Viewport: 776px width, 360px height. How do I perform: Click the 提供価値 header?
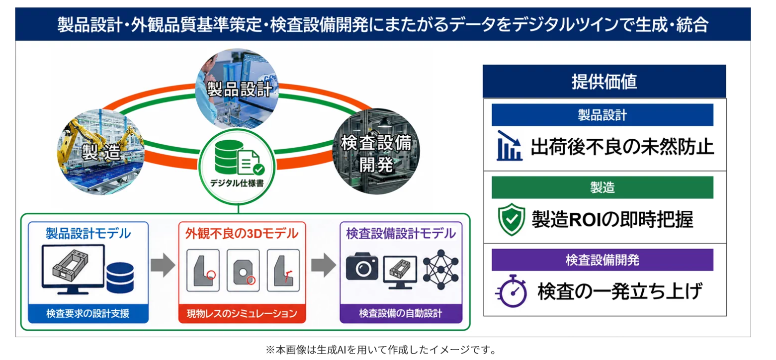(604, 82)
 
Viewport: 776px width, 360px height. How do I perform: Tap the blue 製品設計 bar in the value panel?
(603, 115)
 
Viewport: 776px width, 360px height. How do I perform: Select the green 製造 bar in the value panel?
(603, 187)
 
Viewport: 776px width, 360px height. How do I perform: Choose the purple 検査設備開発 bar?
(603, 260)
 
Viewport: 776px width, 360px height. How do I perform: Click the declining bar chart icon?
(509, 146)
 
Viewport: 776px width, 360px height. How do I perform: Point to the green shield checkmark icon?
(512, 219)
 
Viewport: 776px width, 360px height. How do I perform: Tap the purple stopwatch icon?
(512, 291)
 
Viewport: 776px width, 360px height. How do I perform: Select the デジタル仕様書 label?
(237, 183)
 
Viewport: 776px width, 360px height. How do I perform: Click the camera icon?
(362, 266)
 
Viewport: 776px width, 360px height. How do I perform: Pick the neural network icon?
(440, 269)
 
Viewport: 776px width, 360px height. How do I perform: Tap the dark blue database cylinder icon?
(120, 277)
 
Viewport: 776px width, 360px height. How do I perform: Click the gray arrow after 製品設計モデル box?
(163, 266)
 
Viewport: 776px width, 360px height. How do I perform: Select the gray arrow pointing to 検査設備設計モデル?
(324, 266)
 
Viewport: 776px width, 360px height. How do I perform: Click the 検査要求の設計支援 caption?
(88, 314)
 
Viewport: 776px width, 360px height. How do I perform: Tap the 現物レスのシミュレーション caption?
(242, 314)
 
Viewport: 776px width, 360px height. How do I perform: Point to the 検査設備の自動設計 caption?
(401, 314)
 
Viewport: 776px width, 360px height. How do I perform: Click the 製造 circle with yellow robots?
(101, 152)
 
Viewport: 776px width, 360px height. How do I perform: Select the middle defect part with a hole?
(243, 270)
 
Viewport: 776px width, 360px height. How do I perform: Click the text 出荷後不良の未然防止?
(622, 147)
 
